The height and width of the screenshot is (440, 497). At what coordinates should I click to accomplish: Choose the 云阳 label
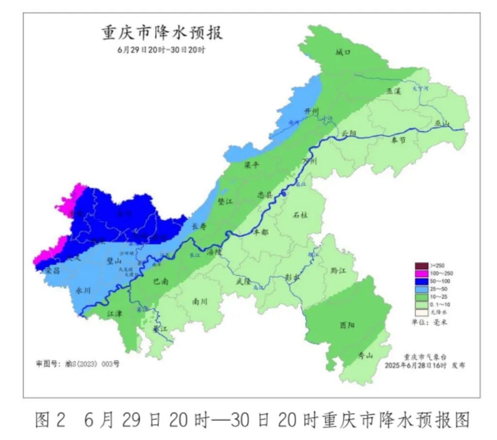coord(348,133)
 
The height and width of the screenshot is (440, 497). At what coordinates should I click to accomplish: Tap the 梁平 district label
coord(252,165)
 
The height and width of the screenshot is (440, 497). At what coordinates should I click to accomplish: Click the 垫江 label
coord(226,201)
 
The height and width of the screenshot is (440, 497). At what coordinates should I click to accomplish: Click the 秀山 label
coord(365,356)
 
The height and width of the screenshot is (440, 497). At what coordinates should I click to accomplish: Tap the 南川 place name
coord(199,301)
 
